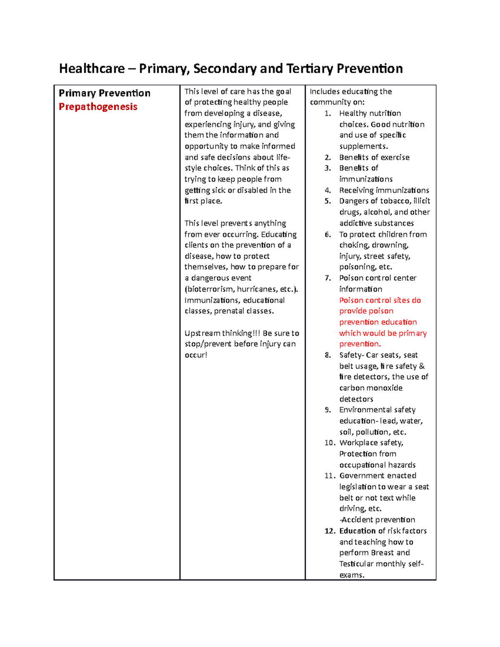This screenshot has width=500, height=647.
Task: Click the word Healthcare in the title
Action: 92,68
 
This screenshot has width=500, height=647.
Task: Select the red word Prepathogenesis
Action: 98,107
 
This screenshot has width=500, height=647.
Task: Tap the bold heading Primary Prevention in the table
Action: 105,93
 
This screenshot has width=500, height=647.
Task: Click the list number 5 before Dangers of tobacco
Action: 328,201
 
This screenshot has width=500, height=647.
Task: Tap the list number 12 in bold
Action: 330,531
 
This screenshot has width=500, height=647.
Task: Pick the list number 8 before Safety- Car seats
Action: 328,355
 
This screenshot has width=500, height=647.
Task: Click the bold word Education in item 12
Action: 357,531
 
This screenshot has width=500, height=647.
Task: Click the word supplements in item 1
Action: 363,146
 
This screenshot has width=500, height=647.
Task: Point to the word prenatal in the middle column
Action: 229,311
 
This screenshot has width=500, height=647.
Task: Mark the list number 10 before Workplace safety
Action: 330,442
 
